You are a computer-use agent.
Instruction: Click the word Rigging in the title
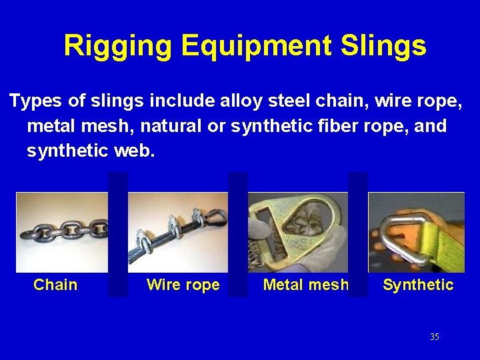click(x=117, y=46)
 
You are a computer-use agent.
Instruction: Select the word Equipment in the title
click(x=256, y=46)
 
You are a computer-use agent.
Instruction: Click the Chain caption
click(x=55, y=285)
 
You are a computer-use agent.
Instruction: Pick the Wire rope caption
click(x=183, y=285)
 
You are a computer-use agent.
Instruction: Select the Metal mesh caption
click(x=305, y=285)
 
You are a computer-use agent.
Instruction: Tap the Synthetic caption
click(x=418, y=285)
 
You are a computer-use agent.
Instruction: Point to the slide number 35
click(x=435, y=337)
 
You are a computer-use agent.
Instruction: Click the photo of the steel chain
click(x=62, y=231)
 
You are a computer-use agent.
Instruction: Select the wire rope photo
click(x=178, y=231)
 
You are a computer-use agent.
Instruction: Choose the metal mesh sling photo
click(x=298, y=231)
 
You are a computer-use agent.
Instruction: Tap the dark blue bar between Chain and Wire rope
click(x=118, y=233)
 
